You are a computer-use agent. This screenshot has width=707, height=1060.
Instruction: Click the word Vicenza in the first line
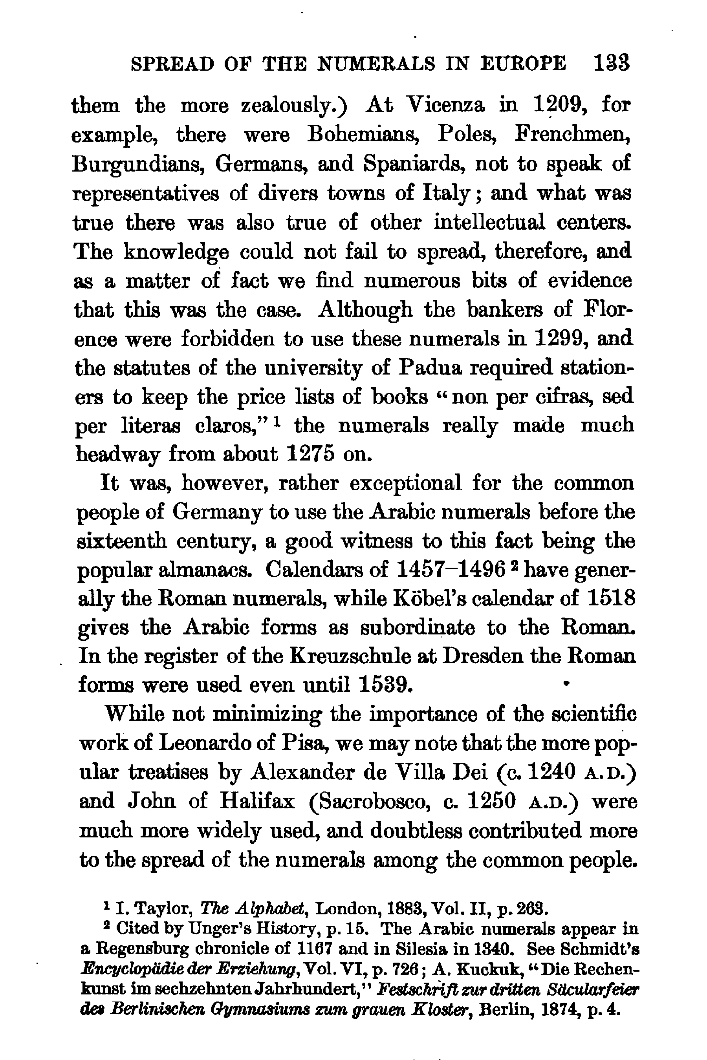pos(445,106)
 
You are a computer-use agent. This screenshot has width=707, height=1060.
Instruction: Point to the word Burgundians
pos(138,164)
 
